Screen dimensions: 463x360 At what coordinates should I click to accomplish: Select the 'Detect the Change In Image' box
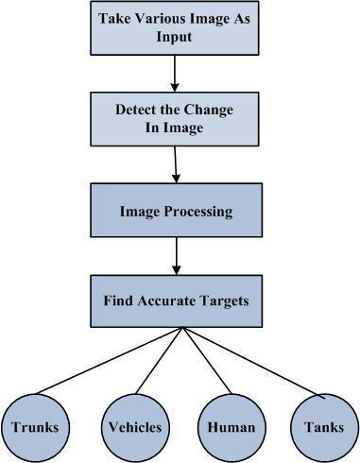(174, 118)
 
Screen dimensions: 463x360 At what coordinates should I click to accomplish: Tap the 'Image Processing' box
(175, 211)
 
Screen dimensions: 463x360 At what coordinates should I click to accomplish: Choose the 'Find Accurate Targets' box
(176, 301)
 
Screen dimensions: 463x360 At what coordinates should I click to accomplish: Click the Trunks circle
(35, 426)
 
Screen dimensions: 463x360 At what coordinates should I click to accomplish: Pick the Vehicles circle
(133, 426)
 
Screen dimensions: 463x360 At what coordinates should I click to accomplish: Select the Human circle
(231, 426)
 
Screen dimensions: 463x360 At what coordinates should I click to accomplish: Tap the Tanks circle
(323, 426)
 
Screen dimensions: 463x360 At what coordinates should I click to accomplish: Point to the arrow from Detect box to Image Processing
(176, 163)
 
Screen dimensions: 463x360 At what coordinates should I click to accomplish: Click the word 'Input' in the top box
(174, 36)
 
